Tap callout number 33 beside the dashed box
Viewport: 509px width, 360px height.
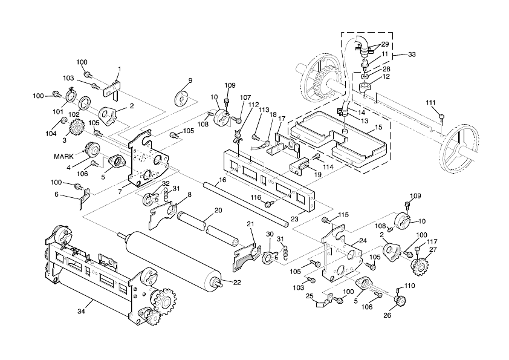click(412, 54)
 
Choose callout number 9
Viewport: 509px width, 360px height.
click(190, 80)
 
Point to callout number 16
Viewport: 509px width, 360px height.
click(222, 180)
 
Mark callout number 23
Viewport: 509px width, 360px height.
click(295, 218)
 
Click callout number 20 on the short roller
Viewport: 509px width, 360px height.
click(218, 211)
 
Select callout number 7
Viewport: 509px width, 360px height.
click(120, 191)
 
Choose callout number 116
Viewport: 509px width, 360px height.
click(256, 198)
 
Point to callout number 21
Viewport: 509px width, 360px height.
click(250, 224)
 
